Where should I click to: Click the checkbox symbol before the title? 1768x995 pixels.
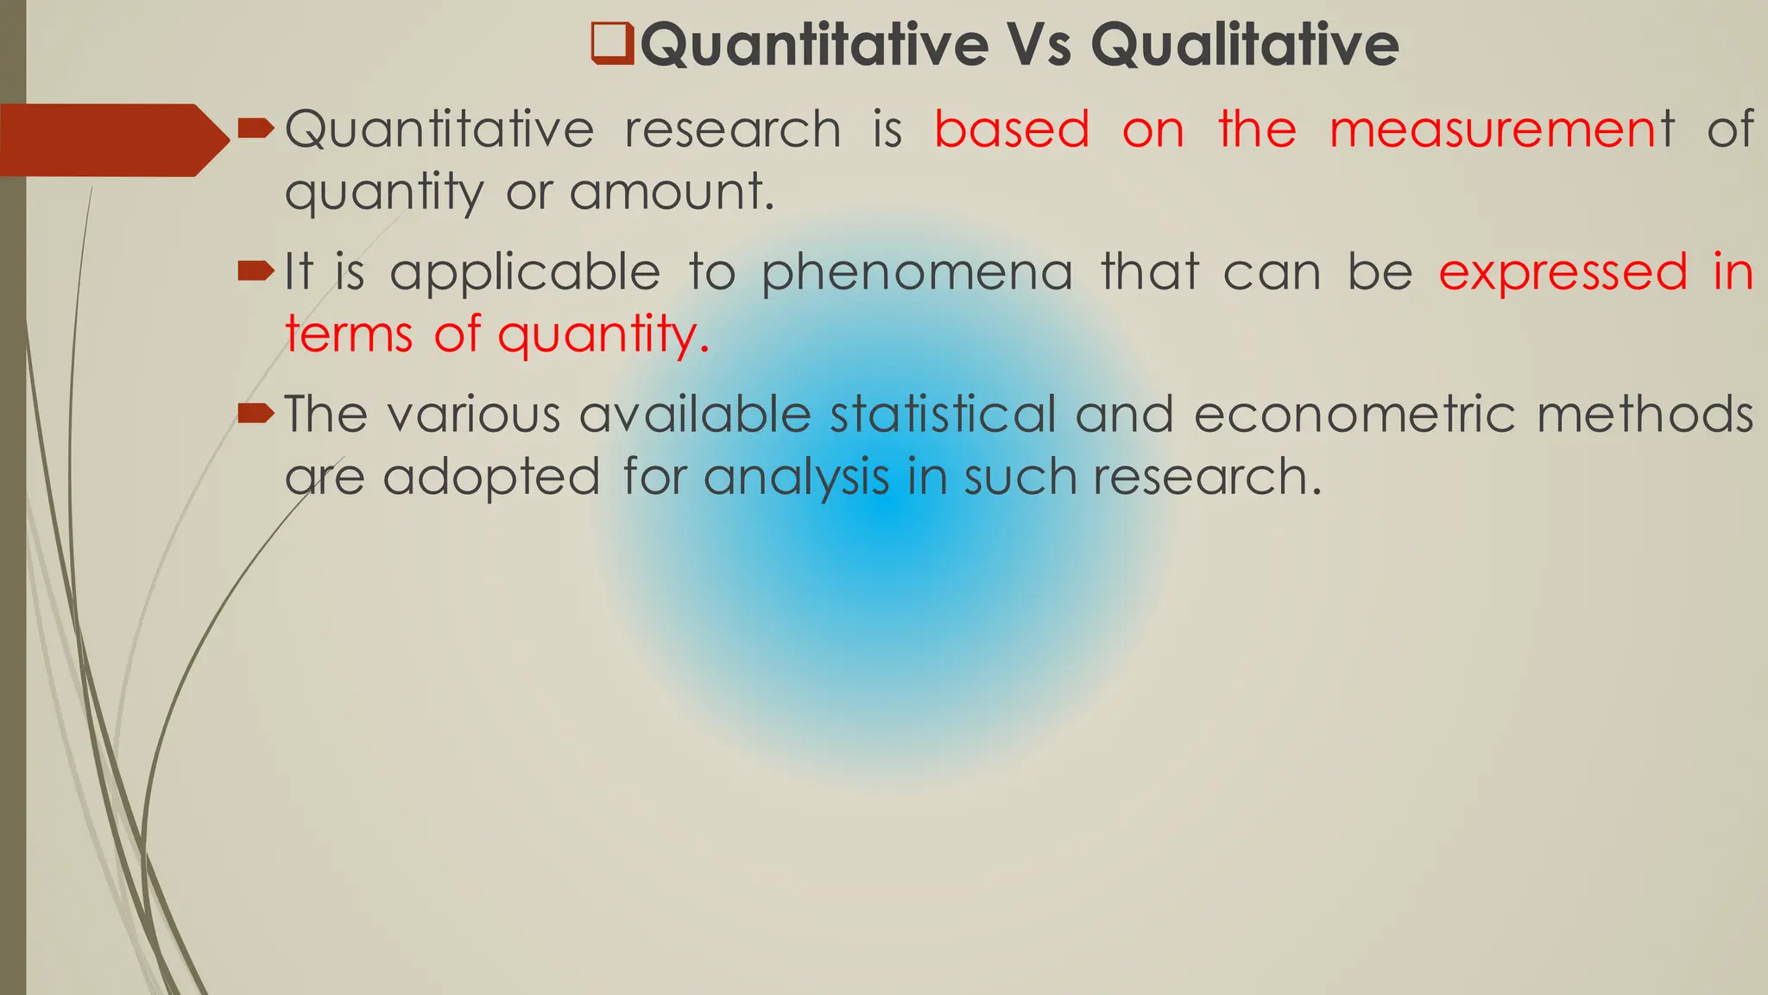coord(612,45)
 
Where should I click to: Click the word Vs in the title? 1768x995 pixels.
coord(1039,45)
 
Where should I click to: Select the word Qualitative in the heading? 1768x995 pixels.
coord(1244,45)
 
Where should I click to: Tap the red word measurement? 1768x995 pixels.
coord(1501,130)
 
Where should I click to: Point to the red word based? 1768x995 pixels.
coord(1012,130)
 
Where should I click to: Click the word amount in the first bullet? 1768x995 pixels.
coord(671,191)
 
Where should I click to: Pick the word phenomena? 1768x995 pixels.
coord(917,273)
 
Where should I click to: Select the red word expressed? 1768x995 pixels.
coord(1563,273)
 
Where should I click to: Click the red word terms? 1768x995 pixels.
coord(349,334)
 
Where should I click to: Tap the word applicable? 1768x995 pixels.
coord(525,273)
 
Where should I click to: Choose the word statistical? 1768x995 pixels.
coord(943,415)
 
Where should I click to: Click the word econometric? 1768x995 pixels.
coord(1354,415)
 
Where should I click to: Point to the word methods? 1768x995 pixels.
coord(1645,415)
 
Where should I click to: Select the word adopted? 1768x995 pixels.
coord(491,477)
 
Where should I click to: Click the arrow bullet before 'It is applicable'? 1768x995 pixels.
coord(256,273)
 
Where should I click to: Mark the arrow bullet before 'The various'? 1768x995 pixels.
coord(256,415)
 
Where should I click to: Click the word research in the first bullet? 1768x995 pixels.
coord(732,130)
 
